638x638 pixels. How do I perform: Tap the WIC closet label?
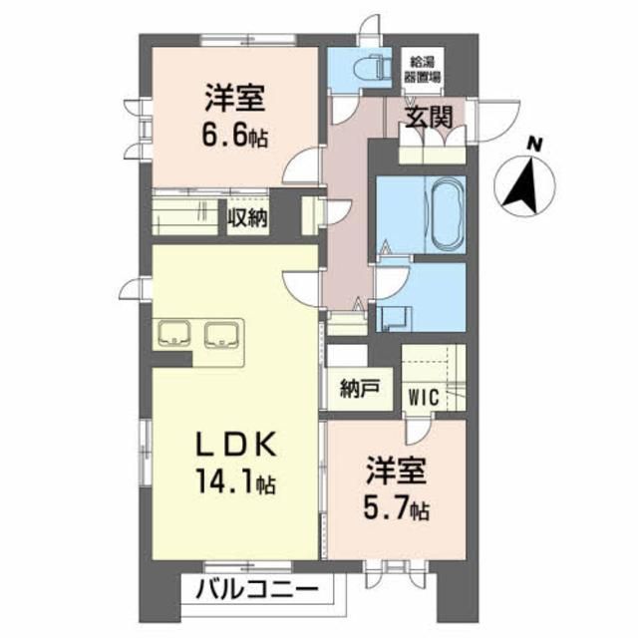423,394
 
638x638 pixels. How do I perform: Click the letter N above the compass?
535,144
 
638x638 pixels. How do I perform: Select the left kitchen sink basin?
176,334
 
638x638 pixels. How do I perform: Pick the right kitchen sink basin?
220,334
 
